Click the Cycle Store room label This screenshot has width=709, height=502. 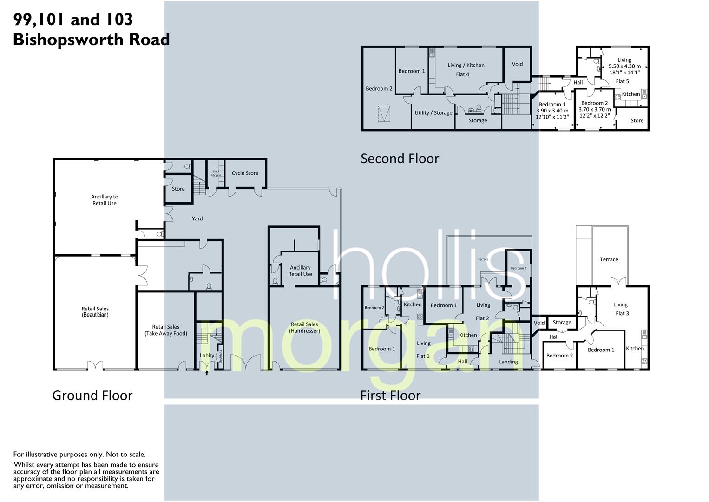click(x=245, y=173)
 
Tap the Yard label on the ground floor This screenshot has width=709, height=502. click(x=197, y=218)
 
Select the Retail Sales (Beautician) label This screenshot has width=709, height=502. click(x=95, y=312)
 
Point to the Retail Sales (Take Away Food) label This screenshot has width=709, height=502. click(x=165, y=330)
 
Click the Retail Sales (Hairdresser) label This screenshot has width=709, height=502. click(x=304, y=328)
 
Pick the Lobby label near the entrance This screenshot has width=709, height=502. click(x=207, y=356)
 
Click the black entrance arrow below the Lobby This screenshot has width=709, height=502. click(x=207, y=373)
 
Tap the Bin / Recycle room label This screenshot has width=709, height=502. click(x=216, y=173)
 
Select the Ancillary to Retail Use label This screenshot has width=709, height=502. click(x=104, y=200)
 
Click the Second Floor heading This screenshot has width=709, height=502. click(x=400, y=159)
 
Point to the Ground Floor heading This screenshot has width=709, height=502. click(x=92, y=396)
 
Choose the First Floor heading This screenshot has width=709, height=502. click(x=390, y=396)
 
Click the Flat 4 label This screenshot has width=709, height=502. click(x=462, y=74)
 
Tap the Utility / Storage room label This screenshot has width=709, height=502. click(x=433, y=113)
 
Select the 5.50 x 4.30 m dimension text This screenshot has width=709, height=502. click(x=624, y=66)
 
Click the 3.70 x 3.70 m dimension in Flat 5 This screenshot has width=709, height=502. click(x=594, y=110)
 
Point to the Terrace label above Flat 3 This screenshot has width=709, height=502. click(x=609, y=259)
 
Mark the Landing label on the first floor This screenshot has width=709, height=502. click(x=508, y=362)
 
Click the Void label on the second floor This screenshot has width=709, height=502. click(x=517, y=64)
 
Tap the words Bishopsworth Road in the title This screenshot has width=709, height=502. click(x=91, y=40)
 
